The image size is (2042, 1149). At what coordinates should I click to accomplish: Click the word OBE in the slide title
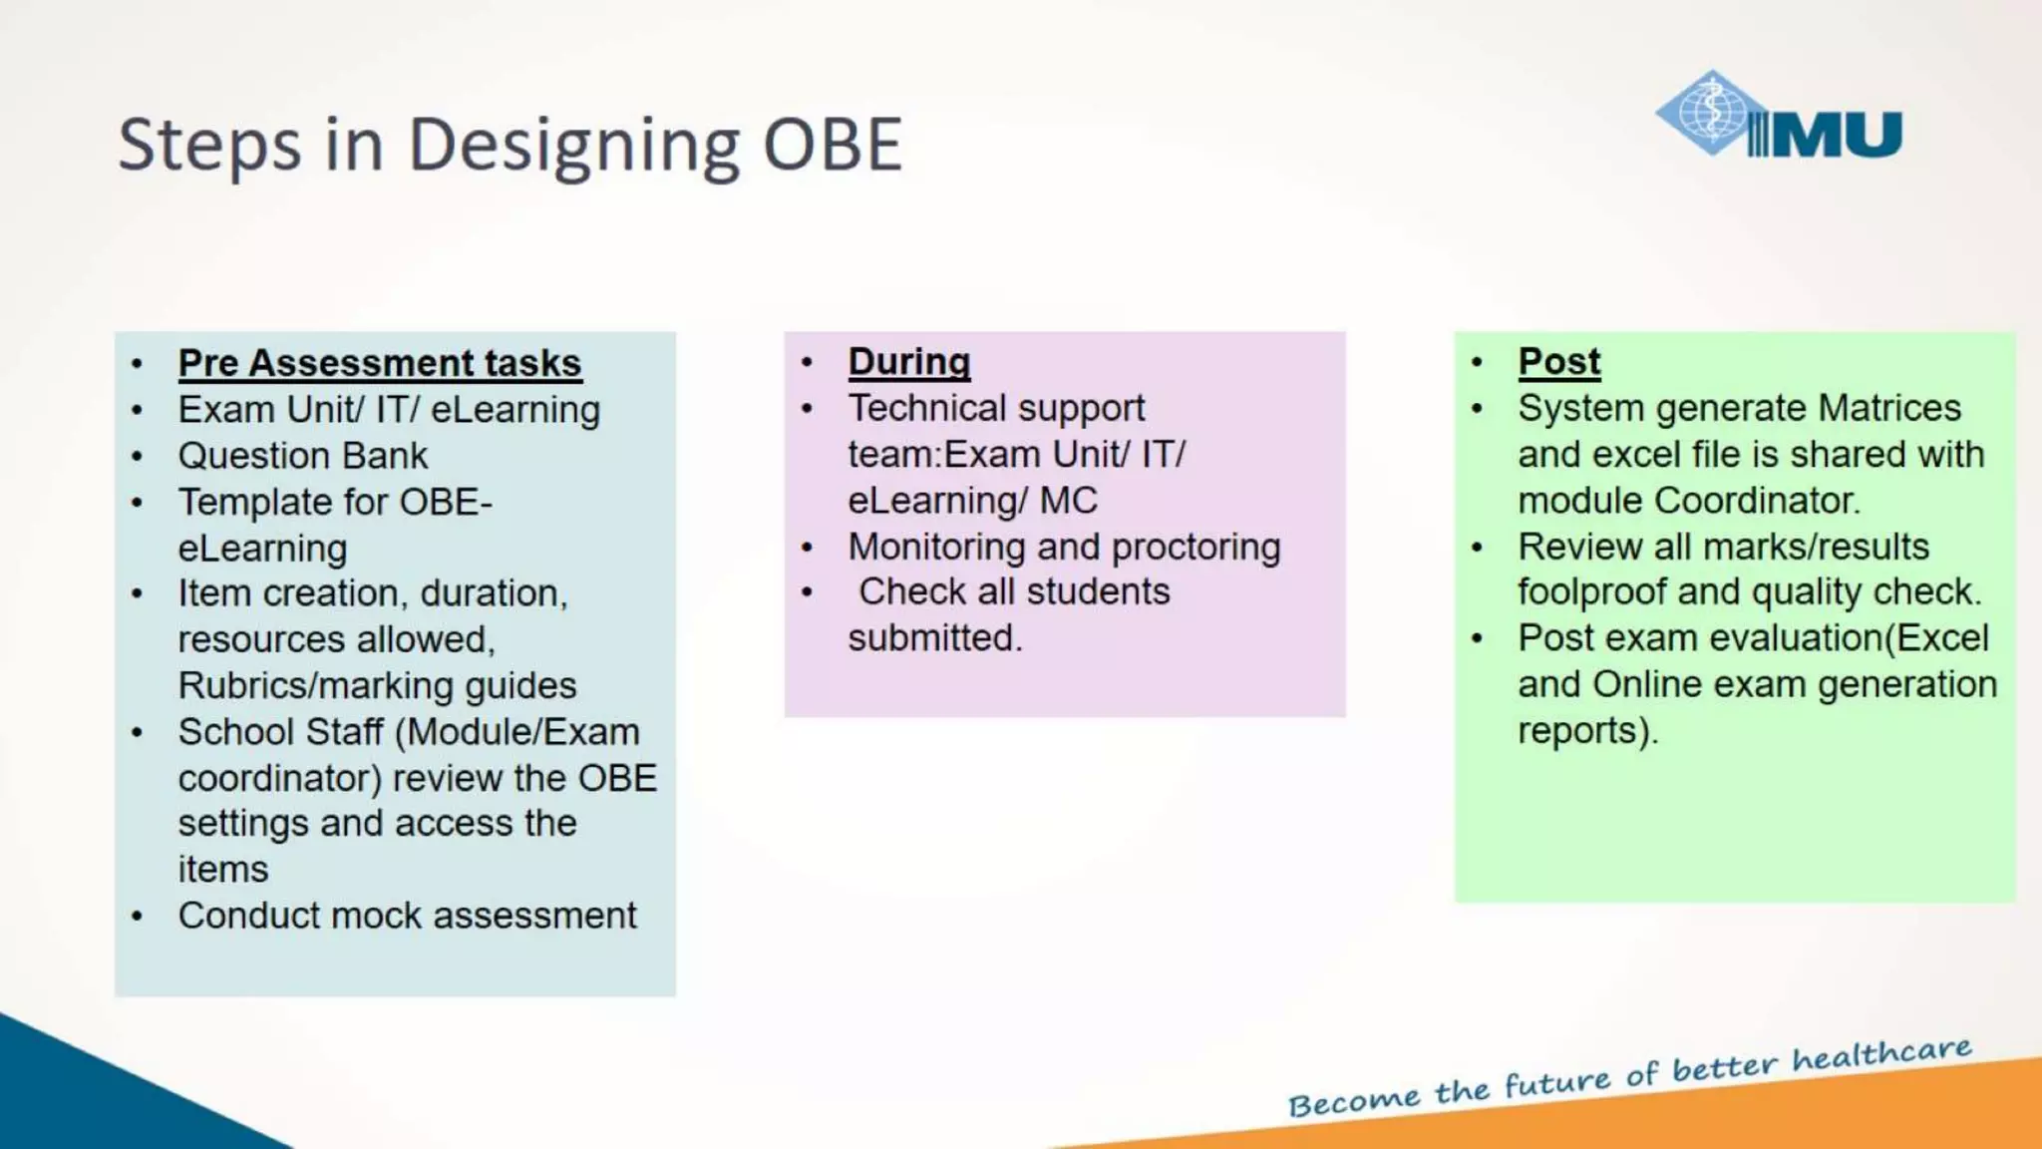coord(833,146)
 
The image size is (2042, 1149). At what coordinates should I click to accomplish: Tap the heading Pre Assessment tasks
coord(379,363)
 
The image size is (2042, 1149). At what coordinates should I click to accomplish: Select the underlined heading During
coord(908,361)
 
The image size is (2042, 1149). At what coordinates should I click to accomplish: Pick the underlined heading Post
coord(1558,361)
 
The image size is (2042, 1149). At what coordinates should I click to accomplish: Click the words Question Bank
coord(302,456)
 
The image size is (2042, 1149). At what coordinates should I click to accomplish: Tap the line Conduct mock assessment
coord(407,916)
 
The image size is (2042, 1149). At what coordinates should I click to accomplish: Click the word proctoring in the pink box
coord(1195,548)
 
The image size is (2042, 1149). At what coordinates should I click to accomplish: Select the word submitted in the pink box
coord(934,638)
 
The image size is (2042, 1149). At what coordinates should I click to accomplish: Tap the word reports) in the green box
coord(1586,731)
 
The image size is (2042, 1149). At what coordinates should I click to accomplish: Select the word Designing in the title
coord(573,146)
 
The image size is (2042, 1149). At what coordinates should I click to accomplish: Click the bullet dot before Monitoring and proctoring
coord(807,548)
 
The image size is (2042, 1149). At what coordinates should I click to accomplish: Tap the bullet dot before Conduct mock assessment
coord(137,916)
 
